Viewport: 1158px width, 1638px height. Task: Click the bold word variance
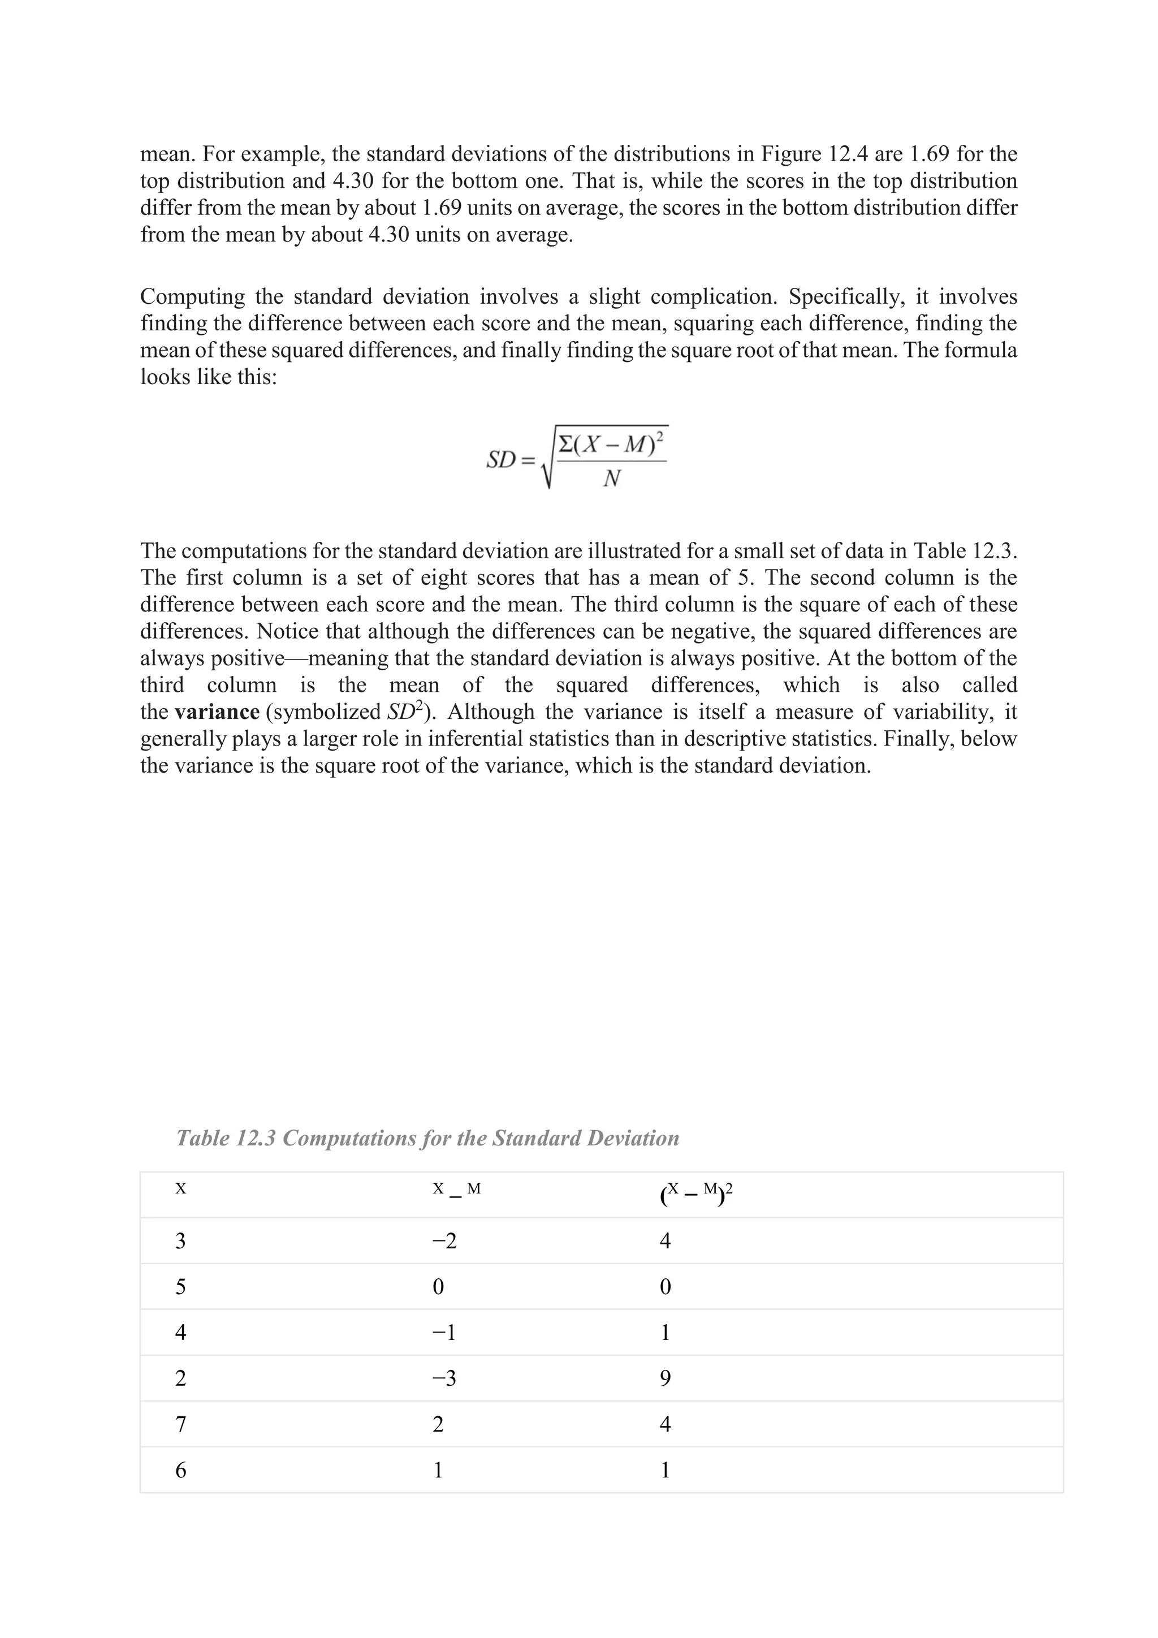[217, 712]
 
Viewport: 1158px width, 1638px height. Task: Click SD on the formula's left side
[500, 460]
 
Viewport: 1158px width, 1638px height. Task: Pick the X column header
[180, 1188]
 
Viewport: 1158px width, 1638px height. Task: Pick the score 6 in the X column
[180, 1471]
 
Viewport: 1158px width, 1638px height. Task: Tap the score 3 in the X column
[180, 1242]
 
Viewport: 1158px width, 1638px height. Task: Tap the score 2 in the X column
[180, 1378]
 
